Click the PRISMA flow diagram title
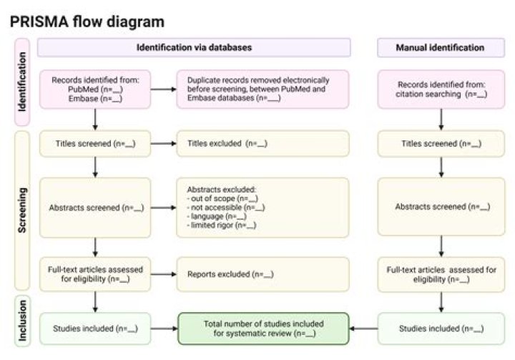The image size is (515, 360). pyautogui.click(x=87, y=21)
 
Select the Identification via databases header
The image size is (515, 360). pyautogui.click(x=194, y=48)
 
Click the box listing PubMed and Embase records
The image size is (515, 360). pyautogui.click(x=94, y=89)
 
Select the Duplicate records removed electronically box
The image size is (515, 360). pyautogui.click(x=263, y=89)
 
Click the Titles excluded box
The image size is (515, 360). pyautogui.click(x=263, y=144)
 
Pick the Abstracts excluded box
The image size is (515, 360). pyautogui.click(x=263, y=208)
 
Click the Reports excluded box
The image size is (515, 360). pyautogui.click(x=263, y=274)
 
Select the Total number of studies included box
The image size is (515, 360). pyautogui.click(x=263, y=329)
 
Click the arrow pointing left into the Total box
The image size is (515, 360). pyautogui.click(x=363, y=329)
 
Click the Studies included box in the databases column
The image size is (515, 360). pyautogui.click(x=94, y=329)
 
